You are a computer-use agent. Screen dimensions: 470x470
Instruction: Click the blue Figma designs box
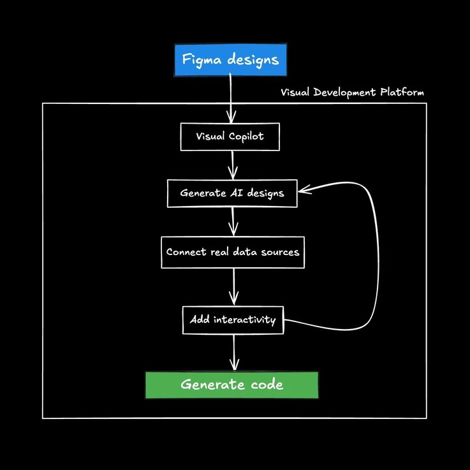(230, 61)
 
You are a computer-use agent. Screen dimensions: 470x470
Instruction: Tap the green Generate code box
(231, 385)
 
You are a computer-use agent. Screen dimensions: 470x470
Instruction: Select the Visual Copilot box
(230, 137)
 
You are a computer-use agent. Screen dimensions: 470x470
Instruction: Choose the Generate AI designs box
(232, 193)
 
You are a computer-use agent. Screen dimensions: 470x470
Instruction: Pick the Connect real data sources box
(233, 252)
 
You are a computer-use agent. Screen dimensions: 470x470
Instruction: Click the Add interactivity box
(233, 319)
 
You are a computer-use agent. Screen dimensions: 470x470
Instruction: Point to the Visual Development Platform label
(352, 92)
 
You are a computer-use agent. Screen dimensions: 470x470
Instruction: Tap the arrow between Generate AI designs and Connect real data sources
(233, 221)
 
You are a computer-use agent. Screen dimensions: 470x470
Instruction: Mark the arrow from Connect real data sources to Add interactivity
(234, 287)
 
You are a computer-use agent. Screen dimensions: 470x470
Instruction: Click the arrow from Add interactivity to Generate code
(234, 352)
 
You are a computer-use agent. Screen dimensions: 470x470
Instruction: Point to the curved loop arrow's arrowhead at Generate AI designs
(304, 189)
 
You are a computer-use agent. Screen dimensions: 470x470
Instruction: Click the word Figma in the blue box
(200, 61)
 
